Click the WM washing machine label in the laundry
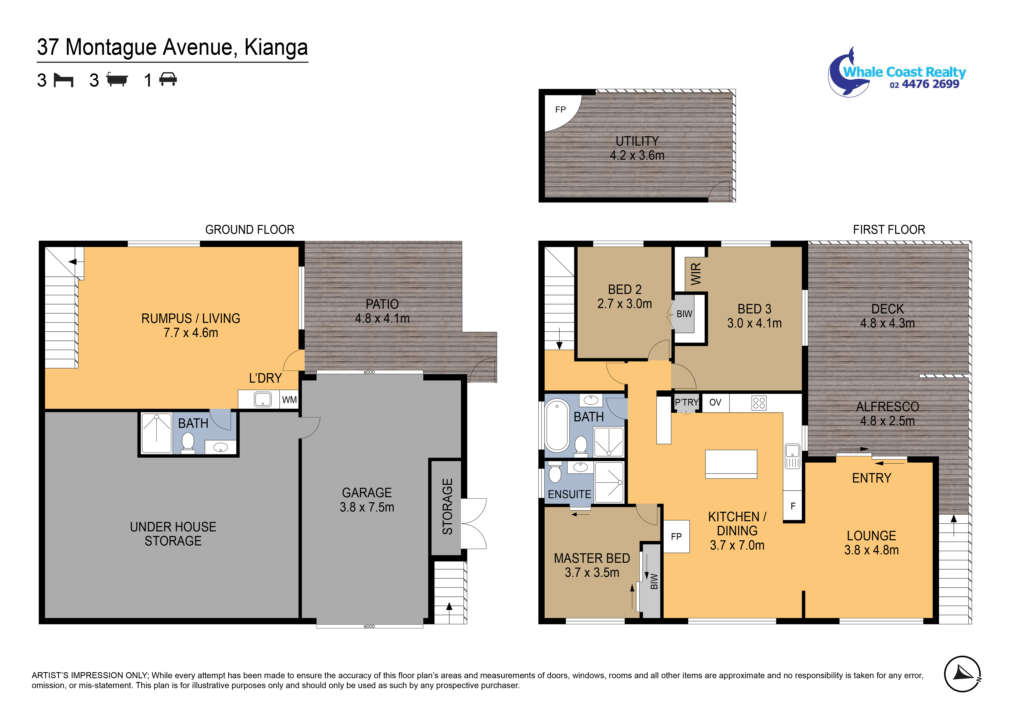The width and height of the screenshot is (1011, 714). point(289,400)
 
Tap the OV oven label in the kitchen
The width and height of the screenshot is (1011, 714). point(715,402)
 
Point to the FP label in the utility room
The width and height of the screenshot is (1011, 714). point(560,110)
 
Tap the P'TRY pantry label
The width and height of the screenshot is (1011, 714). point(686,402)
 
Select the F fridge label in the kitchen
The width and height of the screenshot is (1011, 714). point(793,506)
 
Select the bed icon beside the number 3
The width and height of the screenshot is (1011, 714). point(63,80)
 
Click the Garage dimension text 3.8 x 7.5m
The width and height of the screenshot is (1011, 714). point(367,507)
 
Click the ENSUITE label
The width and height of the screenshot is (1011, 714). point(569,494)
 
